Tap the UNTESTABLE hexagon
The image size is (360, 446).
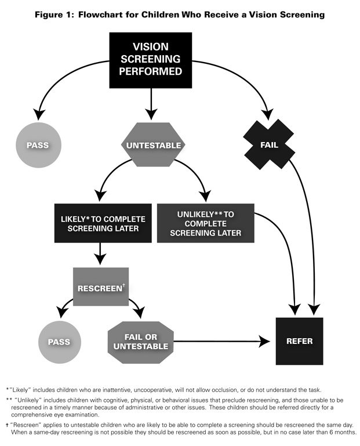152,145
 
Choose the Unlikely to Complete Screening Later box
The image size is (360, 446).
205,223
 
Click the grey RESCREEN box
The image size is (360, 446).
101,287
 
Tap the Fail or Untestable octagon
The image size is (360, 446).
140,341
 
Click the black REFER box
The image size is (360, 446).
299,341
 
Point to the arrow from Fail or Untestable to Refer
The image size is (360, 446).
220,341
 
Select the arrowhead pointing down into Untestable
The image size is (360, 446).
151,115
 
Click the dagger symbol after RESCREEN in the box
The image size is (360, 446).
123,284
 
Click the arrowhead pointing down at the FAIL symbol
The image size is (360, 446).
267,114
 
